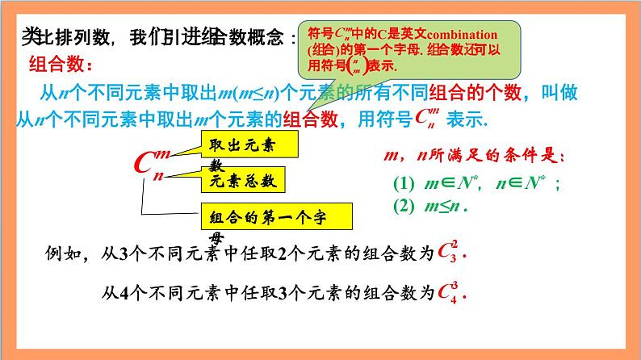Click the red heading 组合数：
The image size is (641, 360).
click(61, 64)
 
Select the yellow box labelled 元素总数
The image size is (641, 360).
click(244, 181)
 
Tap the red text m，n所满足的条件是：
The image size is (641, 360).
click(471, 156)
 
